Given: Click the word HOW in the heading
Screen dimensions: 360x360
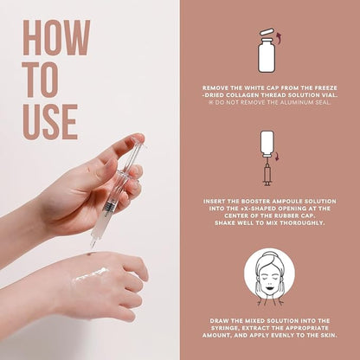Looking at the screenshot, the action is coord(56,37).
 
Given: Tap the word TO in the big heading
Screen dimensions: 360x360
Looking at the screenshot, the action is coord(41,80).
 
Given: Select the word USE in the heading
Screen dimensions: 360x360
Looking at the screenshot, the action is coord(50,122).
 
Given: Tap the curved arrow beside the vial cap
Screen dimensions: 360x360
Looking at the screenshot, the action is coord(279,38).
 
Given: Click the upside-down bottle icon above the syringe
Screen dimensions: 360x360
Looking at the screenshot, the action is coord(267,144).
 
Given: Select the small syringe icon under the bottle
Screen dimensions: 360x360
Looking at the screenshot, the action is coord(267,172).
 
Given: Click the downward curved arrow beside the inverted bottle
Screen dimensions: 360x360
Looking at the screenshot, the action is coord(277,157).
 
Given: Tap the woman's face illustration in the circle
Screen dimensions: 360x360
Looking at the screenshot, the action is coord(269,278).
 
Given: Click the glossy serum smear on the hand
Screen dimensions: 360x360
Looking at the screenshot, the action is coord(92,275).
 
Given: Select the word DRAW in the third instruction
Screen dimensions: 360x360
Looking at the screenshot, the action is coord(220,321).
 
